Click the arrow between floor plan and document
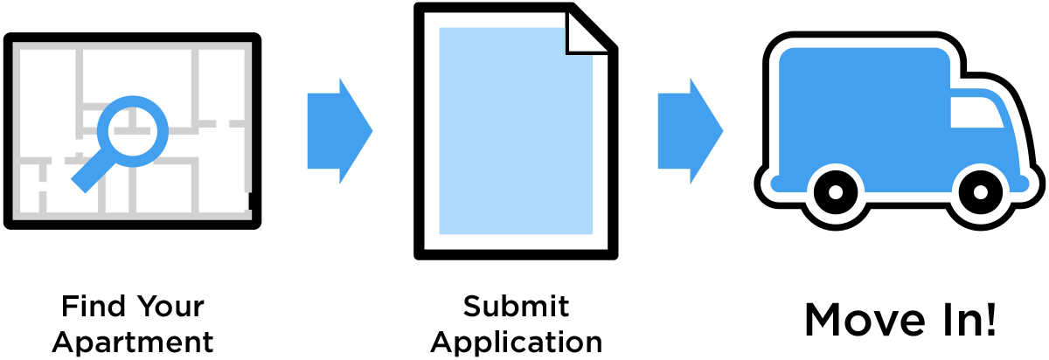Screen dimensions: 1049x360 tap(340, 131)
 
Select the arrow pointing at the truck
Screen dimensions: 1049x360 tap(691, 131)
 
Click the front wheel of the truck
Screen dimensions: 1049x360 tap(980, 192)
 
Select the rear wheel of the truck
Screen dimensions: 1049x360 tap(836, 192)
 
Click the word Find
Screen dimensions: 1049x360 tap(94, 307)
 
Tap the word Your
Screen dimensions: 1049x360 tap(171, 307)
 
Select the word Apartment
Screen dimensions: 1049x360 tap(133, 344)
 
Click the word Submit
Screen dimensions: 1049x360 tap(516, 307)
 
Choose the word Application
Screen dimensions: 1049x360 tap(516, 344)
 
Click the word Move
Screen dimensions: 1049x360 tap(865, 320)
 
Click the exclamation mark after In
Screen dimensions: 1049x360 tap(990, 319)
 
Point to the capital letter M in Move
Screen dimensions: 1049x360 tap(823, 320)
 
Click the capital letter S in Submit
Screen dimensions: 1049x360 tap(473, 307)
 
